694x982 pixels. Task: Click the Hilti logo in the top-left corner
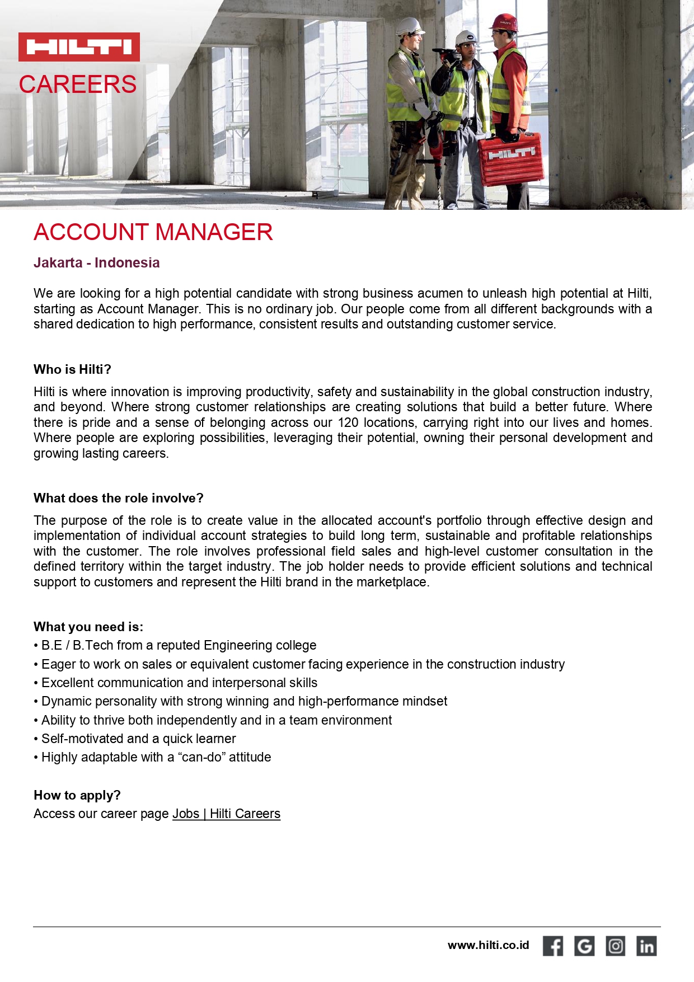[79, 47]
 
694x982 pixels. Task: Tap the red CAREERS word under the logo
[78, 84]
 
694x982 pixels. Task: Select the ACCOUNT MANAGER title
[153, 232]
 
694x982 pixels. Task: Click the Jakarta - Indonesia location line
[96, 262]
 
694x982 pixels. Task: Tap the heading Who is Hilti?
[72, 369]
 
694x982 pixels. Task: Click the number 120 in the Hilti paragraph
[348, 422]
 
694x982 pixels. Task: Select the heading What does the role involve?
[118, 498]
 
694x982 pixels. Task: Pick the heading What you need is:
[88, 627]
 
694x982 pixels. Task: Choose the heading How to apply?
[77, 795]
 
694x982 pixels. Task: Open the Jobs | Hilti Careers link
[226, 814]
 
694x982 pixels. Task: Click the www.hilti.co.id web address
[488, 945]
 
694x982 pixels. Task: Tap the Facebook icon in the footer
[553, 946]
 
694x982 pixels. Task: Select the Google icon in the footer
[584, 946]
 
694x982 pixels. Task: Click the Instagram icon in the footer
[616, 946]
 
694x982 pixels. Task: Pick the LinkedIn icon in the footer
[646, 946]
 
